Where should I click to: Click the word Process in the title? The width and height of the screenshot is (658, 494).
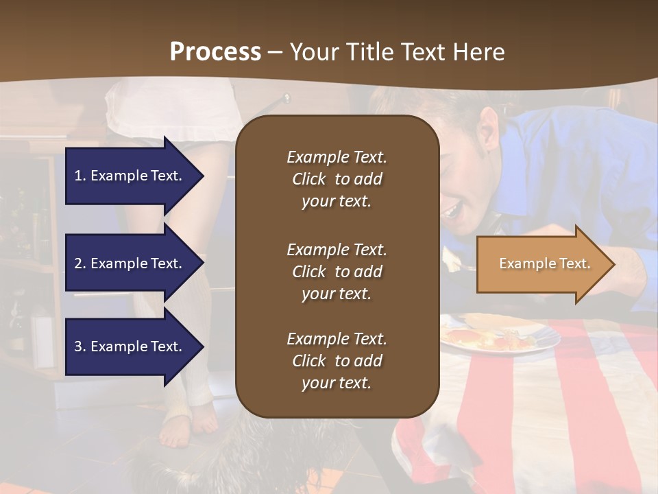pyautogui.click(x=215, y=52)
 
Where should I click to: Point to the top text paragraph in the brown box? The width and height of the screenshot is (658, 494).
pyautogui.click(x=337, y=179)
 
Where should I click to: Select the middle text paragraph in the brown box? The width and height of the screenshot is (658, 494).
pyautogui.click(x=337, y=272)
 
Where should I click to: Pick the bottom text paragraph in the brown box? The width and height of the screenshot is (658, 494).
pyautogui.click(x=337, y=361)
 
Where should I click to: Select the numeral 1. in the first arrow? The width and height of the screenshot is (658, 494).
pyautogui.click(x=80, y=176)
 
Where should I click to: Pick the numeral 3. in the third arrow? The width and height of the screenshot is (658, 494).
pyautogui.click(x=80, y=346)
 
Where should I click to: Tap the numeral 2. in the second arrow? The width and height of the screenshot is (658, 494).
pyautogui.click(x=80, y=263)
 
